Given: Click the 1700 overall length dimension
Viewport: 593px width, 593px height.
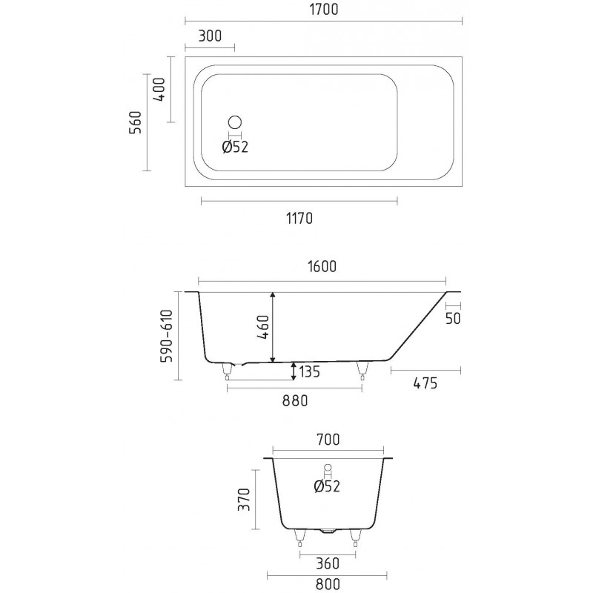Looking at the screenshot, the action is click(324, 10).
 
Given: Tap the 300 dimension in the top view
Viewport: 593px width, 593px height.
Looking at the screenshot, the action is click(210, 36).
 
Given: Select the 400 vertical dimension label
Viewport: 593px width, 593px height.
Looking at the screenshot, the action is click(159, 90).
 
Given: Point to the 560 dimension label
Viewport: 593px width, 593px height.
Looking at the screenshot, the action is click(135, 122).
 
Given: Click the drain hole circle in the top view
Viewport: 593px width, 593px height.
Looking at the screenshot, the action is click(235, 122).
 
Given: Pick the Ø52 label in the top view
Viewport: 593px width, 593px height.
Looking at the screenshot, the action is click(235, 147).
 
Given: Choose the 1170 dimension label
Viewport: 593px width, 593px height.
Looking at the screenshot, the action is click(299, 219).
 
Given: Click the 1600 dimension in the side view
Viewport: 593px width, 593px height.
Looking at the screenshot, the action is click(322, 267).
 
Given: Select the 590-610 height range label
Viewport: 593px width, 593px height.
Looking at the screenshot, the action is click(166, 336).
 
